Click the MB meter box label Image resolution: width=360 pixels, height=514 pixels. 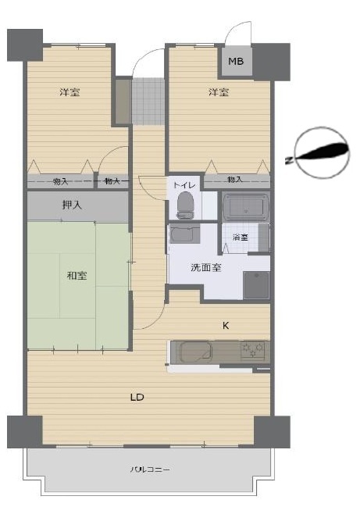[236, 61]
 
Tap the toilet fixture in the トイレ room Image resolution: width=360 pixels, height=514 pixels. [185, 205]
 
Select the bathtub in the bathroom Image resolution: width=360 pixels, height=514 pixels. [246, 207]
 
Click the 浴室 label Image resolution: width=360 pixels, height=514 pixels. [240, 237]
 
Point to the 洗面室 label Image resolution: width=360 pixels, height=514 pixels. [206, 267]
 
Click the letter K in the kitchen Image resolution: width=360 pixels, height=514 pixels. [226, 326]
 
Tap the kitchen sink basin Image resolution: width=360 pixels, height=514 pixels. [195, 352]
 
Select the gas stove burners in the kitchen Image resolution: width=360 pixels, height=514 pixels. [252, 351]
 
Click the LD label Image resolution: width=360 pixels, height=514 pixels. [137, 398]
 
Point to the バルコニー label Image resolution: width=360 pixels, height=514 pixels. [150, 469]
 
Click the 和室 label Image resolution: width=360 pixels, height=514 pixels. [77, 275]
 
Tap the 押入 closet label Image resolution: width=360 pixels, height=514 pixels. [72, 205]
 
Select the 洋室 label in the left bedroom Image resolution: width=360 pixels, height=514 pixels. [70, 92]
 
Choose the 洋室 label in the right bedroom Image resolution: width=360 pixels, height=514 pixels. [219, 92]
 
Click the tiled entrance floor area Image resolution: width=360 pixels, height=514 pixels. [148, 101]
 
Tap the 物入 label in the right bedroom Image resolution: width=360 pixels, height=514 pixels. [235, 180]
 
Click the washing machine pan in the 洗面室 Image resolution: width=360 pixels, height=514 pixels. [256, 285]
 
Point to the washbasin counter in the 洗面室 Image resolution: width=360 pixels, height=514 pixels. [185, 234]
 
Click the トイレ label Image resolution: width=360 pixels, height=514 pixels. [184, 185]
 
